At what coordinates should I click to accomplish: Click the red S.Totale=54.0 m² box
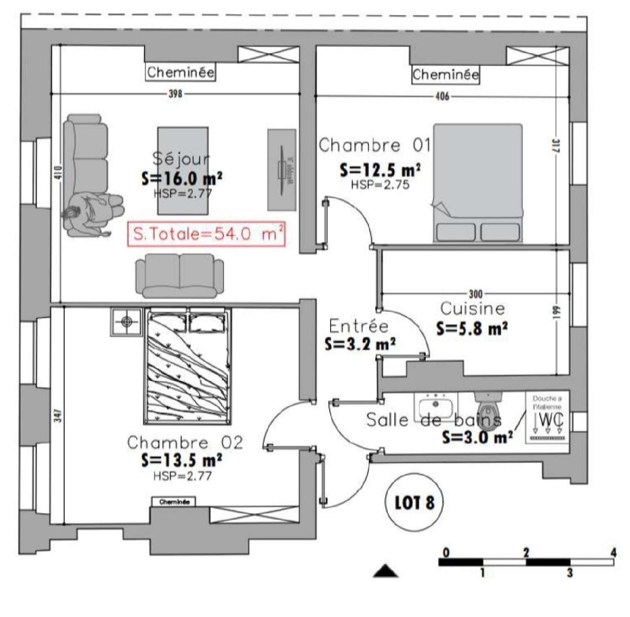(207, 234)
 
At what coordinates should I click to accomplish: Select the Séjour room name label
(181, 158)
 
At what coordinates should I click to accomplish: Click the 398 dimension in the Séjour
(175, 93)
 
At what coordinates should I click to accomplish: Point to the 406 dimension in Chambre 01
(442, 96)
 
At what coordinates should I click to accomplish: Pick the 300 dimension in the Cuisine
(475, 293)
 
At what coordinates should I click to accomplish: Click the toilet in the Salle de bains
(488, 410)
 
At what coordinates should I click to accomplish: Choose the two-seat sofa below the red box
(179, 276)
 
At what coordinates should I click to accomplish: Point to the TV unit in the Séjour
(282, 169)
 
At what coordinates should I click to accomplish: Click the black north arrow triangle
(386, 571)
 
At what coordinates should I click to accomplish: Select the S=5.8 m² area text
(472, 328)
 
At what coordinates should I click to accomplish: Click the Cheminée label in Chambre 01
(445, 75)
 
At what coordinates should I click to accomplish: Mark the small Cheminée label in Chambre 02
(174, 502)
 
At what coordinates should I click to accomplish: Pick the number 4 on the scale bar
(613, 552)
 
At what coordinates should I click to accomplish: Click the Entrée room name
(359, 326)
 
